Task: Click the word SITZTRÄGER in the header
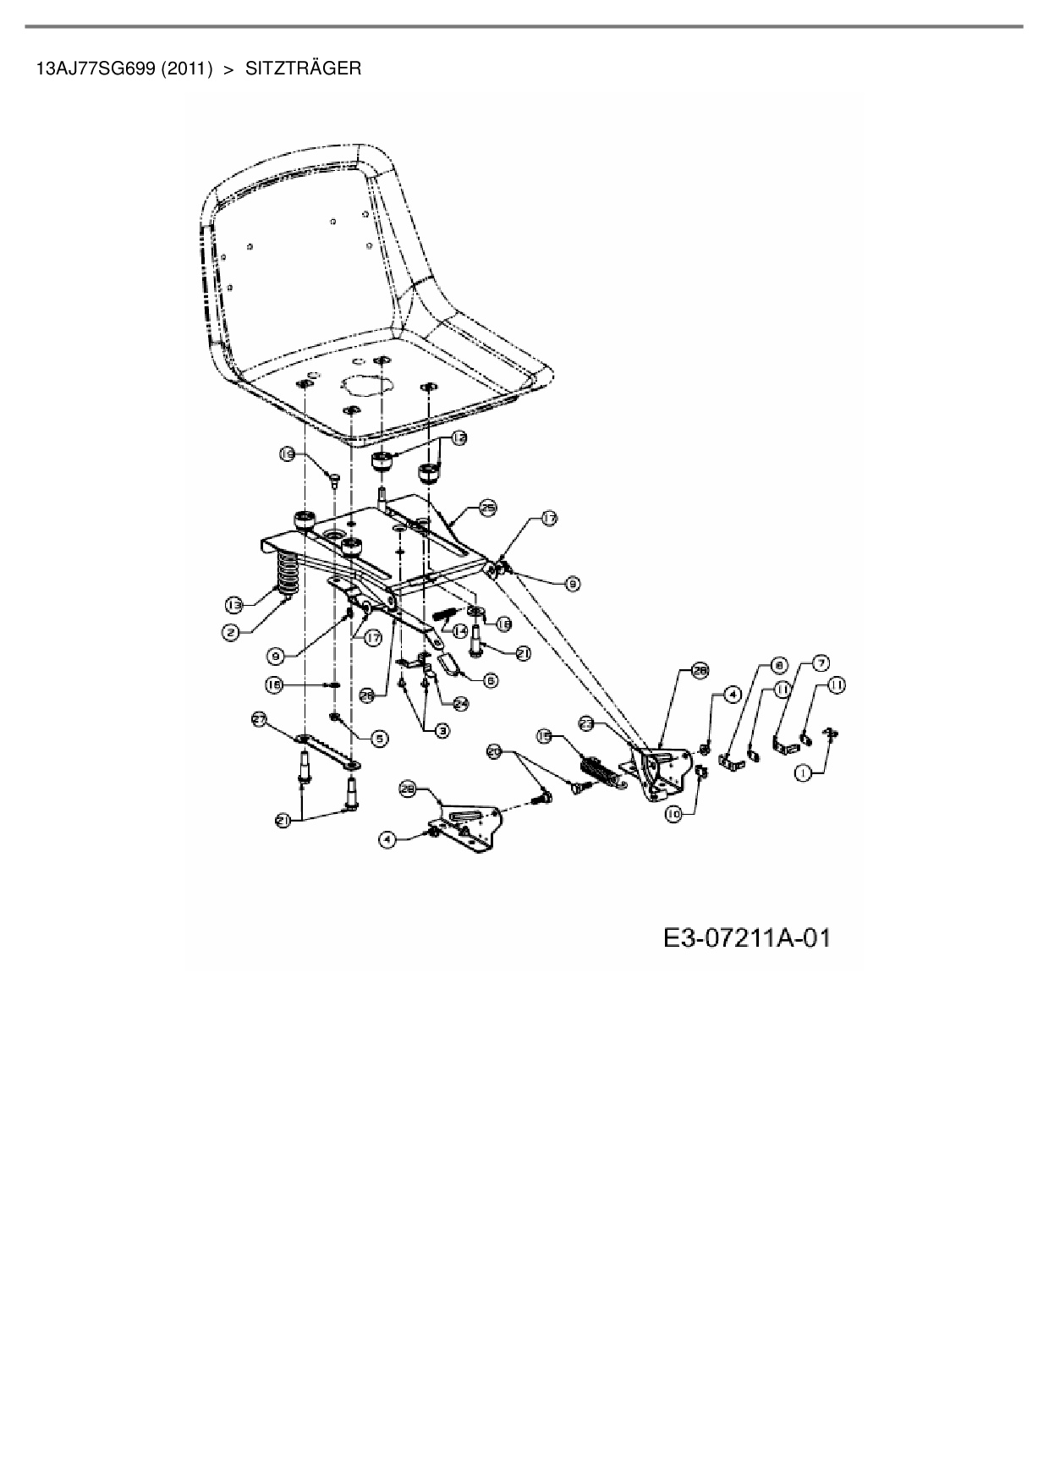coord(303,69)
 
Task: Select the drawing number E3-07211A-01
coord(747,937)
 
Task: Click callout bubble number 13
coord(234,604)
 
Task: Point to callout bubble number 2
coord(229,629)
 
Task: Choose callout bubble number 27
coord(261,718)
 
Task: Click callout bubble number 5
coord(380,738)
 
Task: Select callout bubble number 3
coord(442,729)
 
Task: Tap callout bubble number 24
coord(461,701)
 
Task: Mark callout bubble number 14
coord(460,630)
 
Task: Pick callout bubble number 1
coord(804,772)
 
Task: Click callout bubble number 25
coord(487,508)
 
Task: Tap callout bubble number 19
coord(288,455)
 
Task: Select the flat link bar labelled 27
coord(327,750)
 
